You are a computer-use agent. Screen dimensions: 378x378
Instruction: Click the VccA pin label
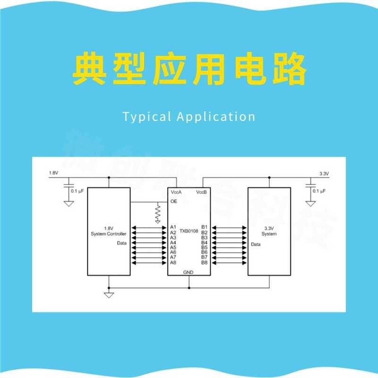176,192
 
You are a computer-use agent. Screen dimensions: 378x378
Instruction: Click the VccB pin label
202,192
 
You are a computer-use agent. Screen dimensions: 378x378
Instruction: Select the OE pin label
173,202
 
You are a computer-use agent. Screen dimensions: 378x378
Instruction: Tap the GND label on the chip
189,273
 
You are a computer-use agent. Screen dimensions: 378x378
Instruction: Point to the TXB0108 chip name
189,232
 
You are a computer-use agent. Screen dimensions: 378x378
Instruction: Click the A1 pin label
173,227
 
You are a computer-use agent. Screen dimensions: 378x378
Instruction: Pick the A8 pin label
173,262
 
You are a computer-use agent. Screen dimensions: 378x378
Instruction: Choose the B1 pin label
205,227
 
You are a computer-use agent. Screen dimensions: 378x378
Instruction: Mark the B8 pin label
205,262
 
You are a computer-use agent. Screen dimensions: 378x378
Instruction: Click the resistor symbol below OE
158,214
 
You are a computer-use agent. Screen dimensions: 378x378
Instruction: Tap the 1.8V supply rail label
53,174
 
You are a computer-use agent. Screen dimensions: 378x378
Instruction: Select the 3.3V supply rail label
324,174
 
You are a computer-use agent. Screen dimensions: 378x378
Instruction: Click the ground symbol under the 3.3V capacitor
310,203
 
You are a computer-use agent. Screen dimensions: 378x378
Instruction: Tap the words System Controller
108,234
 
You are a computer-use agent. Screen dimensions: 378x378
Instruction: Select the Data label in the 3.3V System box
256,244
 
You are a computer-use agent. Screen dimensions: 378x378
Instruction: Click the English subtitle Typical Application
189,117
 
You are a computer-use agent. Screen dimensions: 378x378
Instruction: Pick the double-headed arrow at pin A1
149,227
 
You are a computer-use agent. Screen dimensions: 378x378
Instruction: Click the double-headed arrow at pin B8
229,262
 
